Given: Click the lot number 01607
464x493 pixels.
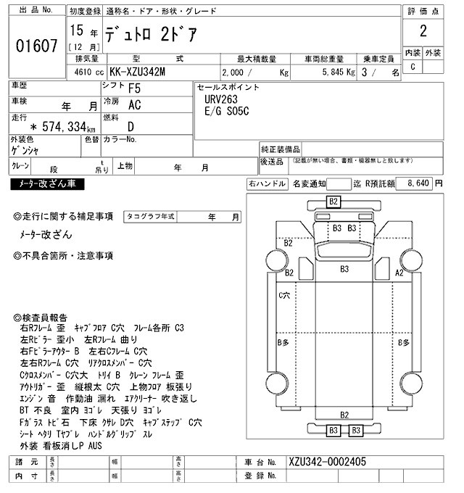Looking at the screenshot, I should point(36,46).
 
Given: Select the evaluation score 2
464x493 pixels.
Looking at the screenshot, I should point(423,34).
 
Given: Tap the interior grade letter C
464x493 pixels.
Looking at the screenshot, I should point(413,67).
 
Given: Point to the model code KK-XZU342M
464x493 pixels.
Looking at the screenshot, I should point(138,72).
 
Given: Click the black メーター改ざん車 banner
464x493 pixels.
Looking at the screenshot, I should point(45,185).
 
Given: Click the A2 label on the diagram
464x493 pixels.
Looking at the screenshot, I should point(398,273).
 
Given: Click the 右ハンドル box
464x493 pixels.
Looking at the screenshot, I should point(268,184).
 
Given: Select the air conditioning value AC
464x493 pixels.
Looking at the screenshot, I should point(134,105).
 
